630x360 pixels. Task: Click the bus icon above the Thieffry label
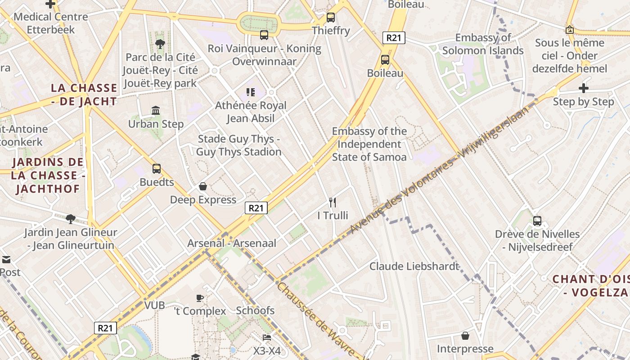(x=330, y=18)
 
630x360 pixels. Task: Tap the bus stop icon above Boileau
(x=385, y=59)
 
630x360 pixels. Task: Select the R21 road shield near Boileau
(x=394, y=38)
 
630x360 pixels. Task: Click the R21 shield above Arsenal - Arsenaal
(x=256, y=207)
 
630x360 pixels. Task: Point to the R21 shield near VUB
(x=105, y=328)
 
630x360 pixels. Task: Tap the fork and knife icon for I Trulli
(x=333, y=202)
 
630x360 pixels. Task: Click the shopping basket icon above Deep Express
(x=203, y=186)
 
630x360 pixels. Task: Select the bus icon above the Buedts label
(x=156, y=169)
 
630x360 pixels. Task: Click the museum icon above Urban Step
(x=156, y=110)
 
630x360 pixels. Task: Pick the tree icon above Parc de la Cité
(x=160, y=44)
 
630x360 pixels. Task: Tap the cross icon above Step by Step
(x=583, y=88)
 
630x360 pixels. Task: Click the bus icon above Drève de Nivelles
(x=537, y=221)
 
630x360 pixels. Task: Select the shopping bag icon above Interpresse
(x=465, y=336)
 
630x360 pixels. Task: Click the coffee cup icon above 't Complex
(x=200, y=298)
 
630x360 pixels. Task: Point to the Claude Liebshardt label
(x=414, y=266)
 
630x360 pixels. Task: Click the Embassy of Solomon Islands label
(x=483, y=44)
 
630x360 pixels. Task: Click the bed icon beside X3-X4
(x=267, y=337)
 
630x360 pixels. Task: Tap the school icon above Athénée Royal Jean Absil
(x=251, y=92)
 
